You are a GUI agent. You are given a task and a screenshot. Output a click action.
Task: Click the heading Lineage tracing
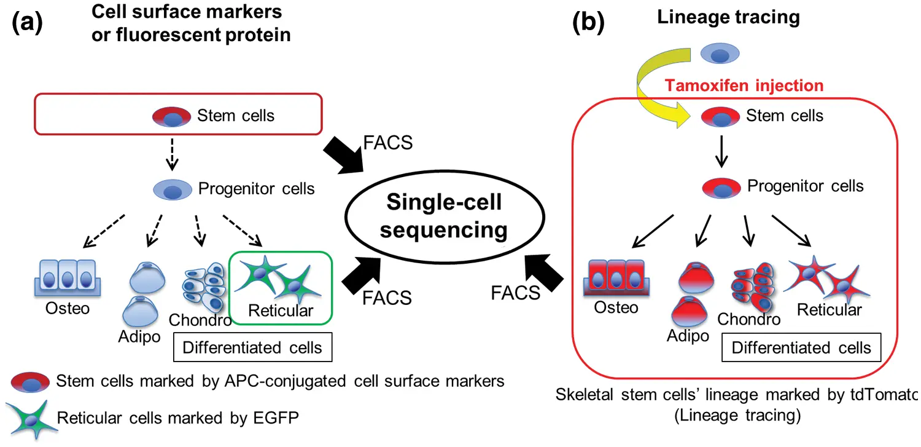[728, 17]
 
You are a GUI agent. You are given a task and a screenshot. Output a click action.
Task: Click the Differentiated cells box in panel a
[252, 347]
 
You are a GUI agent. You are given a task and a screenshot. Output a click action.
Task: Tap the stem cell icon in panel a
[172, 116]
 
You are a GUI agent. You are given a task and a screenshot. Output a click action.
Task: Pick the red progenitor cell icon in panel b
[721, 187]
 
